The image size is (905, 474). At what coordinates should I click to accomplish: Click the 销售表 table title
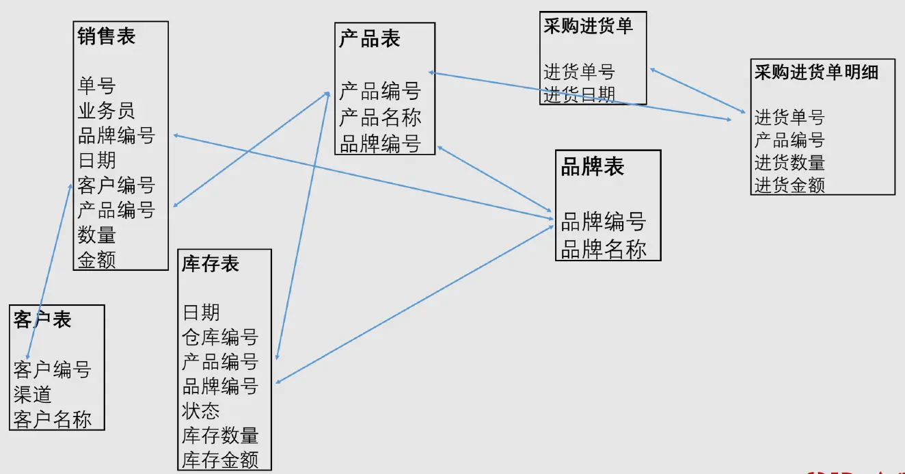107,36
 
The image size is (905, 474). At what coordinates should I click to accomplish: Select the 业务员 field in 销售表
107,111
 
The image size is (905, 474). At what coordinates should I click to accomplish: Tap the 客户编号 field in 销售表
116,185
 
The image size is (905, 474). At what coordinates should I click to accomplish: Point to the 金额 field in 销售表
96,260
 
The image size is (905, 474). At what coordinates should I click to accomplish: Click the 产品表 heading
369,39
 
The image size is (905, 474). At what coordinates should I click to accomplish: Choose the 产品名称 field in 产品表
379,118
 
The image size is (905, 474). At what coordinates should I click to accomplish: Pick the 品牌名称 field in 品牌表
603,250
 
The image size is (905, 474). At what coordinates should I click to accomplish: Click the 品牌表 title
592,167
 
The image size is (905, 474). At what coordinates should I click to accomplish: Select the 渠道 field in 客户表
32,395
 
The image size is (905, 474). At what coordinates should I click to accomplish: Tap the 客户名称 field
52,419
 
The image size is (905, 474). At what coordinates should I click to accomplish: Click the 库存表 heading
211,264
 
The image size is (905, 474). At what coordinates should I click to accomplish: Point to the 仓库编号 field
220,337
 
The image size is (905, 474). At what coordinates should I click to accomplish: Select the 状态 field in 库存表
201,411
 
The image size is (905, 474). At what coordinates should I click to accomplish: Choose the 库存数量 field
220,436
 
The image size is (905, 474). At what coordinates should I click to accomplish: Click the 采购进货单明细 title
816,73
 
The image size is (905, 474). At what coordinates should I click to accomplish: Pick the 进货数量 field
789,163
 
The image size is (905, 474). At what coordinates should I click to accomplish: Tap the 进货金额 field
789,185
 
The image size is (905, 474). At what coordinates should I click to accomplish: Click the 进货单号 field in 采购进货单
579,72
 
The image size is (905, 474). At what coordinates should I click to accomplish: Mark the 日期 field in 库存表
201,313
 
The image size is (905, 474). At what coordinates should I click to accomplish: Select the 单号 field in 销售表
96,86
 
